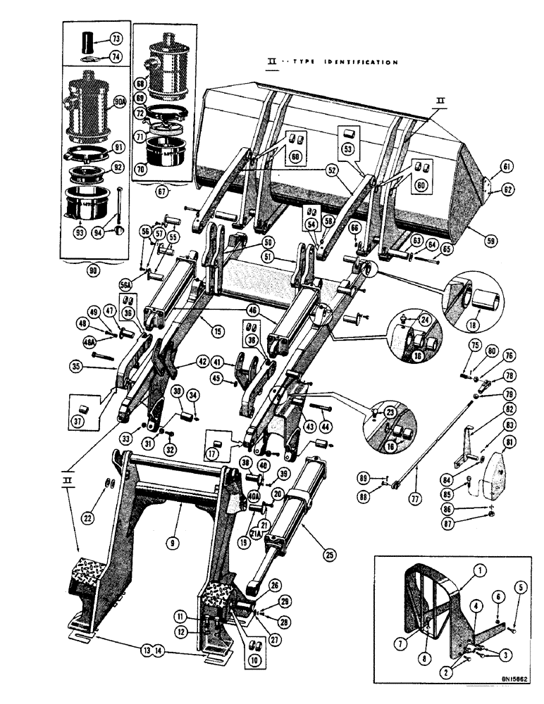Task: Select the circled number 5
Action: tap(521, 586)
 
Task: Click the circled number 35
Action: tap(78, 365)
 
